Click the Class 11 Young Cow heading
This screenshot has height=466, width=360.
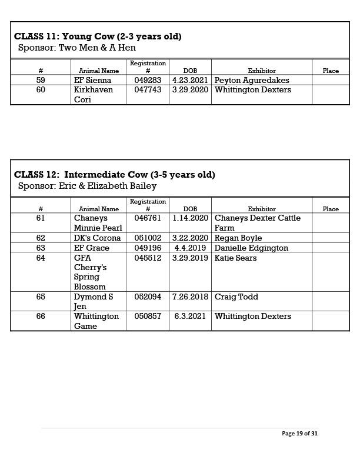pos(98,36)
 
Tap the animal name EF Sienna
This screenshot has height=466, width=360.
pos(93,80)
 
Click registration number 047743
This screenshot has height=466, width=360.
pos(148,90)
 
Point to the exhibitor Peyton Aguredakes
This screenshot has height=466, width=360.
pos(252,80)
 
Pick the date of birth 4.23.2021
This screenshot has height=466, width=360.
pos(190,80)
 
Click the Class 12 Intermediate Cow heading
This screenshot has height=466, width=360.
pos(115,175)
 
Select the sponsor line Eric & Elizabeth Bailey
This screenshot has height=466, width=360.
pos(88,186)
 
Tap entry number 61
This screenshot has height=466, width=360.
pos(41,218)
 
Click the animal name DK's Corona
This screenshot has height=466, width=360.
pos(98,238)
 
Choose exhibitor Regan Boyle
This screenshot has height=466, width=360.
pos(238,238)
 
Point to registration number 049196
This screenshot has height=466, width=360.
pos(148,248)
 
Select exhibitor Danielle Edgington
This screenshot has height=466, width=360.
pos(251,248)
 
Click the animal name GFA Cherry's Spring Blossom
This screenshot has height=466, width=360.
pos(91,272)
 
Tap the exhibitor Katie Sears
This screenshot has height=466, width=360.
pos(235,258)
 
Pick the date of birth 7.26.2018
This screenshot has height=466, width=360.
pos(190,297)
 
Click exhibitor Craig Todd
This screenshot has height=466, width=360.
pos(236,297)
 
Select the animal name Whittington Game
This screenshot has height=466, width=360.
pos(96,321)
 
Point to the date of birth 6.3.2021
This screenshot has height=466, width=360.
pos(190,316)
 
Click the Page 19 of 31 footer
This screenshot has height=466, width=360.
pos(300,434)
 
